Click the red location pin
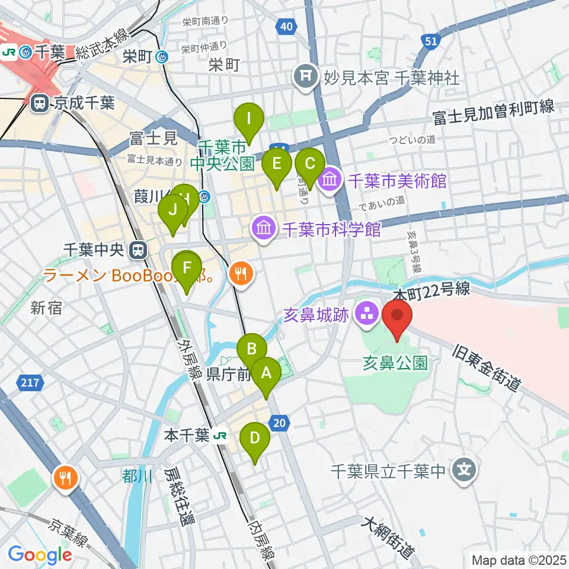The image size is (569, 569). pyautogui.click(x=397, y=318)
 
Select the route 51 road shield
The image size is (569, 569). pyautogui.click(x=431, y=41)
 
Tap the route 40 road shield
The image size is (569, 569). pyautogui.click(x=286, y=25)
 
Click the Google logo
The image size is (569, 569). pyautogui.click(x=40, y=555)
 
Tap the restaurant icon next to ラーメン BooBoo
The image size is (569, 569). pyautogui.click(x=241, y=273)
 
